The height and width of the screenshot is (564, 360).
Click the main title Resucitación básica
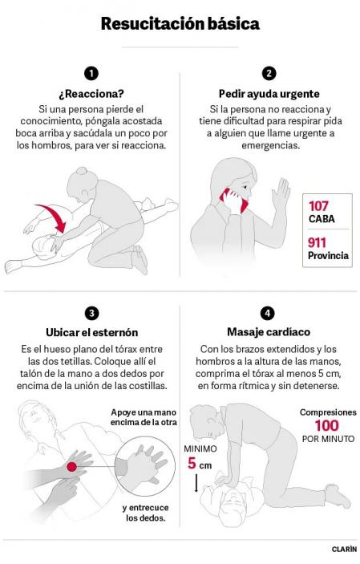(x=180, y=24)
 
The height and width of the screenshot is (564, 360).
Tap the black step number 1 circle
(x=91, y=73)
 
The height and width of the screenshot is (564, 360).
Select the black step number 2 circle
(x=269, y=73)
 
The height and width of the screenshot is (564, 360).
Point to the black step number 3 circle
(x=91, y=313)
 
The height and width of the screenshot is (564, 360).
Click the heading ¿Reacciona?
(x=91, y=93)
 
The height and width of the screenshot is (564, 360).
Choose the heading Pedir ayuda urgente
(x=269, y=93)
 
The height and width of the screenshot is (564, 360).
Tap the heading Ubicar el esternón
(x=91, y=332)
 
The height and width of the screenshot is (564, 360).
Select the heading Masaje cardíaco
(x=269, y=331)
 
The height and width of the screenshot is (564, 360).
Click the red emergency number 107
(x=319, y=206)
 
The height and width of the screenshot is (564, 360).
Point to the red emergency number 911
(x=319, y=243)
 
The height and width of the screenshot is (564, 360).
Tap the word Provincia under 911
(x=328, y=257)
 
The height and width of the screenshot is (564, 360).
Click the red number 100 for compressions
(x=326, y=425)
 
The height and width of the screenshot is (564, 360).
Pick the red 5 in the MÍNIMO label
(x=192, y=463)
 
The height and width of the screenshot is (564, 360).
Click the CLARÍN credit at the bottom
(x=344, y=550)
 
